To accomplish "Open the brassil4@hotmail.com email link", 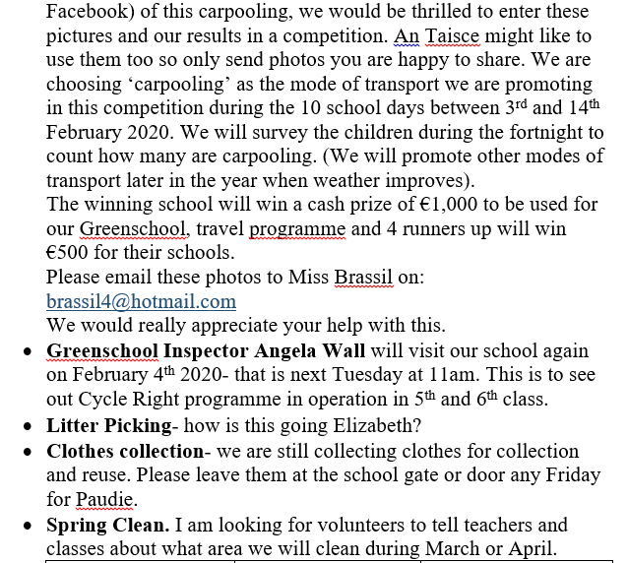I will (x=141, y=302).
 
